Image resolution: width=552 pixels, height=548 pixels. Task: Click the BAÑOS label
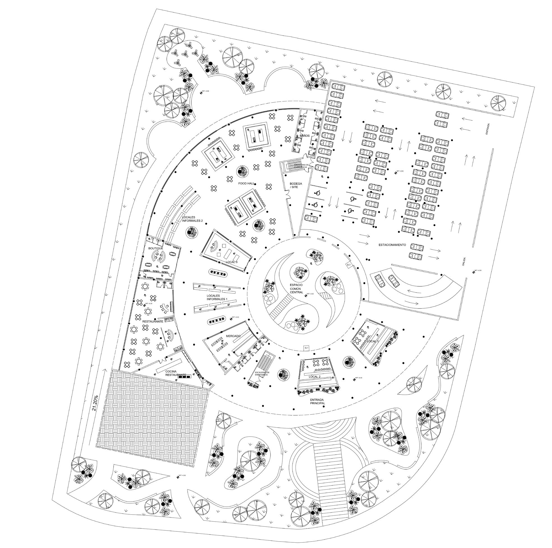click(304, 136)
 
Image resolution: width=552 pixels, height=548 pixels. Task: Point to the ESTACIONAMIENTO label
click(392, 245)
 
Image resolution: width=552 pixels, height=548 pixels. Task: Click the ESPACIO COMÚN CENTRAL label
click(296, 289)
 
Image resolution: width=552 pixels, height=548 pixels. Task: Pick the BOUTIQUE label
click(155, 248)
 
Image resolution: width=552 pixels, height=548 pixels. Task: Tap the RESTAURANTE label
click(153, 321)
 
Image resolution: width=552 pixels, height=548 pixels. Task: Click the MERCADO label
click(233, 335)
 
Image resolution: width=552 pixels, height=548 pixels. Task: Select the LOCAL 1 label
click(373, 341)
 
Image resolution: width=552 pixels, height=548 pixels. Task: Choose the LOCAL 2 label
click(315, 376)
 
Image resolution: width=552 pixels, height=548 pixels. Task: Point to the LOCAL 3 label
click(232, 262)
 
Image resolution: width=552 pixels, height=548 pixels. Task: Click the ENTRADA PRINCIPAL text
click(317, 401)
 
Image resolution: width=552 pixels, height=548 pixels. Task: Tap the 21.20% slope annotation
click(95, 403)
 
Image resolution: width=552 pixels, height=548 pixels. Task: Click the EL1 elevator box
click(306, 348)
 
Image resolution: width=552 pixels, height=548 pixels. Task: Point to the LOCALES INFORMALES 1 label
click(217, 297)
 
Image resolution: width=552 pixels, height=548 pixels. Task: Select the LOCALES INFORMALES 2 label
click(192, 219)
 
